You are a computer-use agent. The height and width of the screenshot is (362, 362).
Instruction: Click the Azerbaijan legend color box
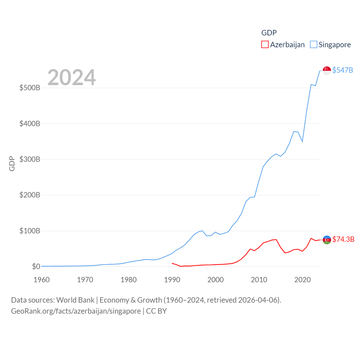click(265, 45)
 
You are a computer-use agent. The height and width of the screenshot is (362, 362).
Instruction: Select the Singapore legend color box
click(314, 45)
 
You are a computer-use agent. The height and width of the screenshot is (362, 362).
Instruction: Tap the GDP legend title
click(269, 33)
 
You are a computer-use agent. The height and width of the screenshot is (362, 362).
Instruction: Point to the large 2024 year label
click(72, 77)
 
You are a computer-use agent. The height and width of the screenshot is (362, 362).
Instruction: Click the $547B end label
click(342, 70)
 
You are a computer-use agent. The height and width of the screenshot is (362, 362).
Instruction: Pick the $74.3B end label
click(343, 239)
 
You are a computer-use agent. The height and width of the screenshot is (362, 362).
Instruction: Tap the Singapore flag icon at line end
click(327, 70)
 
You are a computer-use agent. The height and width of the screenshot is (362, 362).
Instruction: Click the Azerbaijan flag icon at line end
click(327, 240)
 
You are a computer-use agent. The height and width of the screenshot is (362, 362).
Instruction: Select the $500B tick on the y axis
click(30, 88)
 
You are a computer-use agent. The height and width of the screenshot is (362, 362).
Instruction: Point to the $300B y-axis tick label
click(30, 159)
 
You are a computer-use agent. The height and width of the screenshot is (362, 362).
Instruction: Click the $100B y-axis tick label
click(30, 231)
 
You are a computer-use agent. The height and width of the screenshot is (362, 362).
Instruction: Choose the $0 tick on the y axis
click(36, 266)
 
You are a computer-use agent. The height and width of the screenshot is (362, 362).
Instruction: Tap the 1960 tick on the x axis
click(42, 280)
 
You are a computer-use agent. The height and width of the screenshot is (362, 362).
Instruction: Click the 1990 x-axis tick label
click(172, 280)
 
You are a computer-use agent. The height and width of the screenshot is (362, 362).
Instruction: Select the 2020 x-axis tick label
click(302, 280)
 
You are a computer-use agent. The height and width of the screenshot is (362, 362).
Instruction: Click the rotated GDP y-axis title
click(12, 163)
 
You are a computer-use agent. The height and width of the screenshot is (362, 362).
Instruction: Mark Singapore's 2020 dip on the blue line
click(302, 141)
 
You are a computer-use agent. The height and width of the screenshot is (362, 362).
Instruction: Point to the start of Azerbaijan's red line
click(172, 263)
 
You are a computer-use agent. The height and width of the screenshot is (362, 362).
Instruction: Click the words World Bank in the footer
click(75, 300)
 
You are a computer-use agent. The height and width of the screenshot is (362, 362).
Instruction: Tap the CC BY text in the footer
click(156, 311)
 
